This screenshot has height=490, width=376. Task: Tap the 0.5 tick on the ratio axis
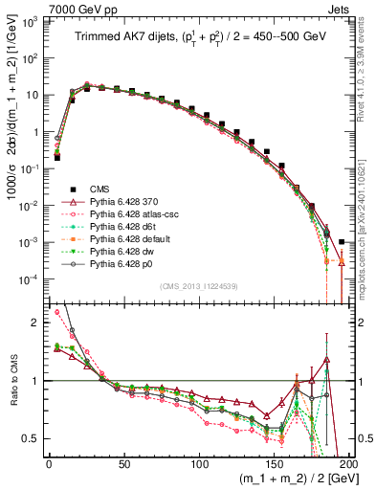(33, 438)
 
